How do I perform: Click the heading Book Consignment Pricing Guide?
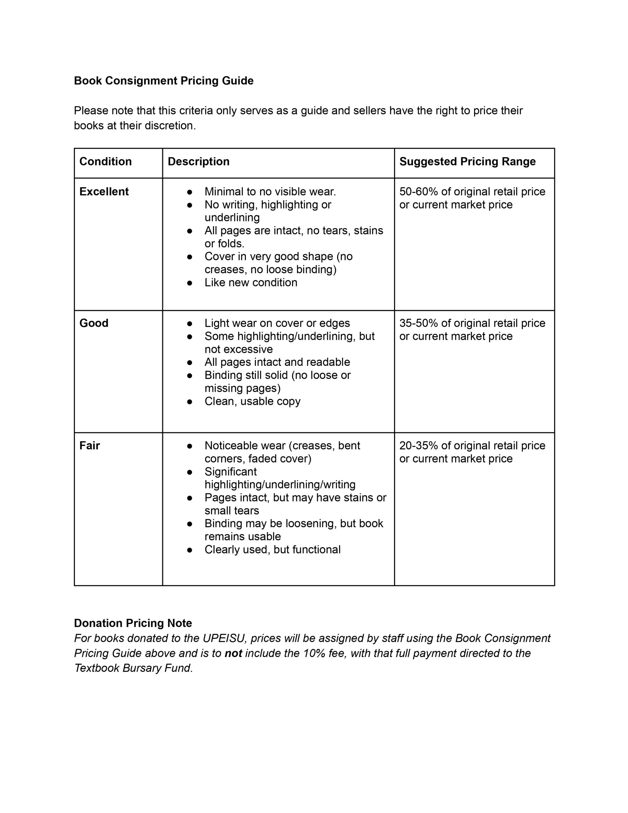pyautogui.click(x=164, y=81)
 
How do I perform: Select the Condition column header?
pyautogui.click(x=105, y=161)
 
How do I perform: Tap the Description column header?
pyautogui.click(x=198, y=161)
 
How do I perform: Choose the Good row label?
pyautogui.click(x=94, y=323)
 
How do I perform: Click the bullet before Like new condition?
pyautogui.click(x=190, y=283)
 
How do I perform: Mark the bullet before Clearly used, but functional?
pyautogui.click(x=190, y=550)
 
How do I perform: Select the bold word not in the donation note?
pyautogui.click(x=233, y=653)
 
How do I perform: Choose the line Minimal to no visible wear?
pyautogui.click(x=270, y=192)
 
